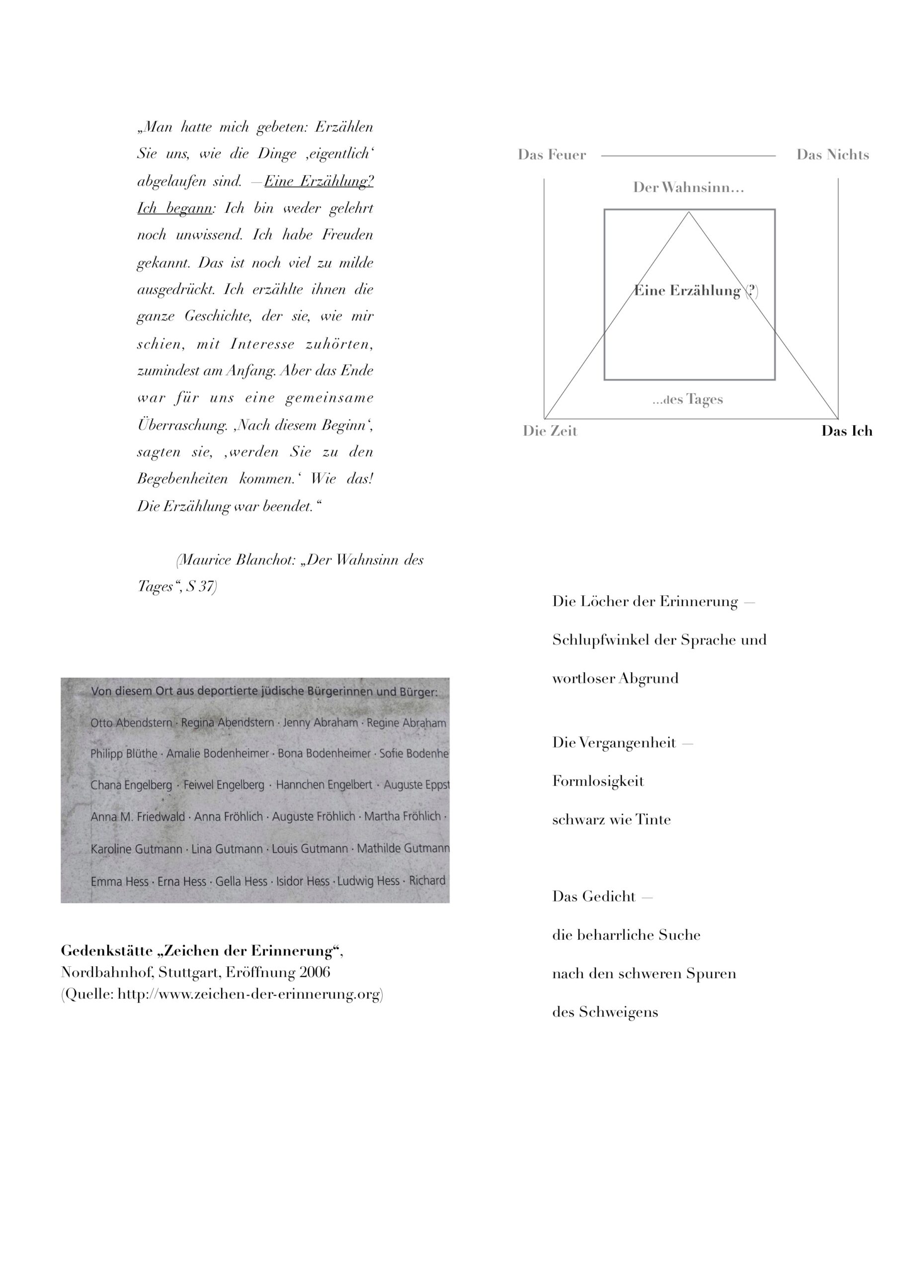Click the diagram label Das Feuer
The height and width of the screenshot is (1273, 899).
pyautogui.click(x=552, y=155)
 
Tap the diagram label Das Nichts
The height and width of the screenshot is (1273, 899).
pyautogui.click(x=832, y=155)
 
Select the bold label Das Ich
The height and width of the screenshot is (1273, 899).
pyautogui.click(x=846, y=431)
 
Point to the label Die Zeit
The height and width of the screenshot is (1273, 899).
pyautogui.click(x=550, y=431)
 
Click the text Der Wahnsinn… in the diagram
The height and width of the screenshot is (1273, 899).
pyautogui.click(x=688, y=187)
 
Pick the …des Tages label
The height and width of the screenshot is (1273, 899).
pyautogui.click(x=687, y=399)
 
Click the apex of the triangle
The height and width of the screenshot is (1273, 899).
pyautogui.click(x=689, y=212)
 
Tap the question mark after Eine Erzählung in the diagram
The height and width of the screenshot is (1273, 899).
pyautogui.click(x=751, y=290)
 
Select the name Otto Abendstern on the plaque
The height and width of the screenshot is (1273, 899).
pyautogui.click(x=131, y=723)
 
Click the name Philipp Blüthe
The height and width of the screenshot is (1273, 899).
pyautogui.click(x=124, y=754)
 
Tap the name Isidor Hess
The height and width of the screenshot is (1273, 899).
pyautogui.click(x=303, y=881)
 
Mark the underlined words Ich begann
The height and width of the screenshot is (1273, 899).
pyautogui.click(x=174, y=208)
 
